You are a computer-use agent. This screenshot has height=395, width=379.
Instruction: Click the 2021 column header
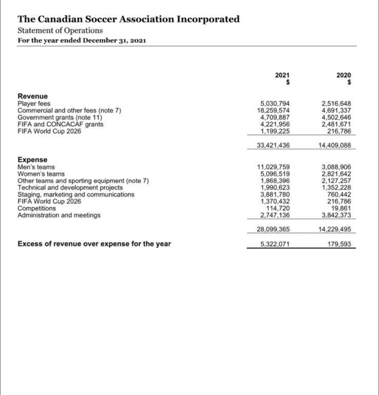(282, 75)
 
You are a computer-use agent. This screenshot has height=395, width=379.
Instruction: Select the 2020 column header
(343, 75)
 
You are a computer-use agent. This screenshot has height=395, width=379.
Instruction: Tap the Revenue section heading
(33, 96)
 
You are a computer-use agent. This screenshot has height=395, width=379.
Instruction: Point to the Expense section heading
(32, 160)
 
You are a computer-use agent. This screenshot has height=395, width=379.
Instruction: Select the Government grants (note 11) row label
(60, 117)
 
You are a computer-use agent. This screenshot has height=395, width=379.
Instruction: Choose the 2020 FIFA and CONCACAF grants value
(337, 124)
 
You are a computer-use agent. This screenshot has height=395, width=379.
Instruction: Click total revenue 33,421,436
(273, 146)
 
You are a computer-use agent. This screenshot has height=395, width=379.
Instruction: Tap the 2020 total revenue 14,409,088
(335, 146)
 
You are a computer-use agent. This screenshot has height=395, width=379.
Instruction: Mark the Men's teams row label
(36, 167)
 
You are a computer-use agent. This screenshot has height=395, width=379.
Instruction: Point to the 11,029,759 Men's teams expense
(273, 167)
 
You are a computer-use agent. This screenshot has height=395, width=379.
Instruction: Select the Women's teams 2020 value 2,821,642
(337, 174)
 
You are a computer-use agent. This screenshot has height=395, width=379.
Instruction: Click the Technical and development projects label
(70, 188)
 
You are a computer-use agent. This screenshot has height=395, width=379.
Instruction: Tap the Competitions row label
(37, 208)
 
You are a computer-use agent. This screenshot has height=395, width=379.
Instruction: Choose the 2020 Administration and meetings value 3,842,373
(337, 215)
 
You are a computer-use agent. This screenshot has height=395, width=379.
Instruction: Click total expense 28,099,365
(273, 230)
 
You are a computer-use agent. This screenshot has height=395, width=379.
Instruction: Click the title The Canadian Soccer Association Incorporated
(128, 19)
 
